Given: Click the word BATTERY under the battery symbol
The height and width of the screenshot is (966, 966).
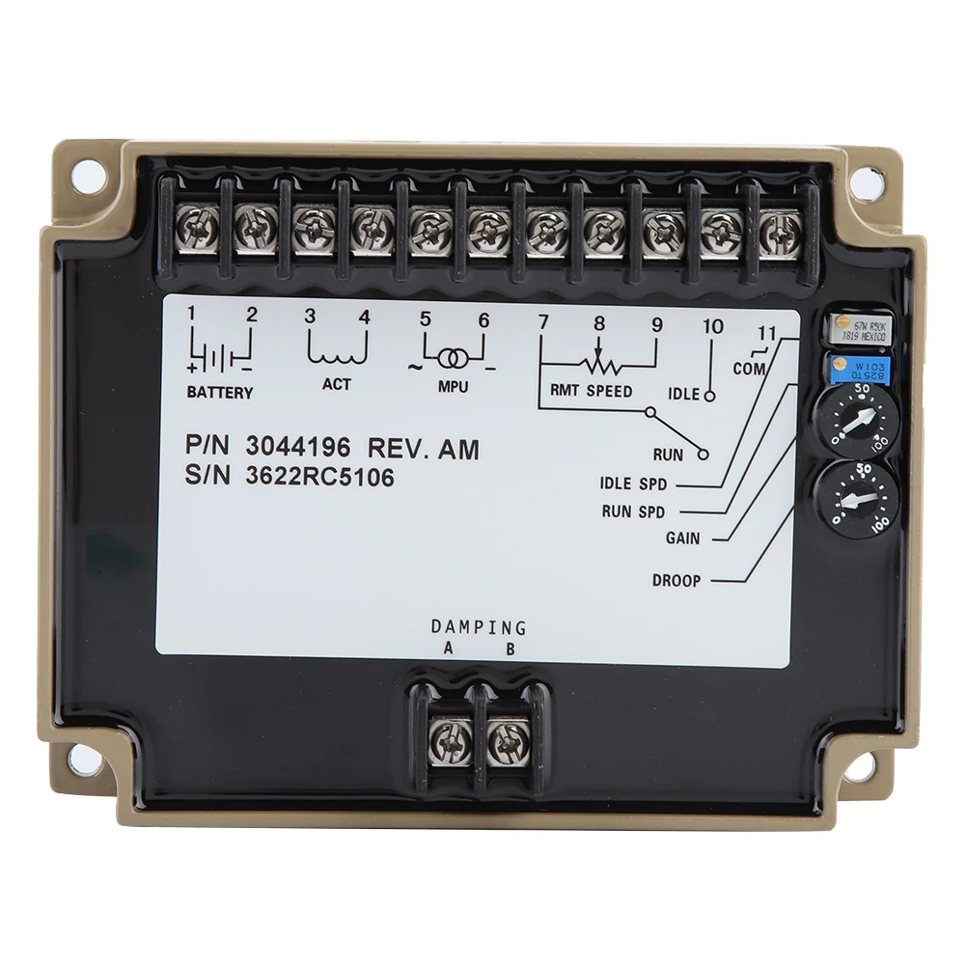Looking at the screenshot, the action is (220, 393).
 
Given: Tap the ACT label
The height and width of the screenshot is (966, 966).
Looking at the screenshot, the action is (337, 384).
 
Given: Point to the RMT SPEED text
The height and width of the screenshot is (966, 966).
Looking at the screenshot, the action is (592, 391).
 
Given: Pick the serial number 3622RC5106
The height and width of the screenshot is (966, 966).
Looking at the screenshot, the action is (319, 477).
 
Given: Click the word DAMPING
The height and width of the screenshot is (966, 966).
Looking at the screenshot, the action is (479, 628).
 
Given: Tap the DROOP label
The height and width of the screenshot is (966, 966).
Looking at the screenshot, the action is (676, 581).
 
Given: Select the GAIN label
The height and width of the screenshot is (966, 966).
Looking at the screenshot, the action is (682, 538).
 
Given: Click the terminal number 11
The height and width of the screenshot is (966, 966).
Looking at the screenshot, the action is (766, 335).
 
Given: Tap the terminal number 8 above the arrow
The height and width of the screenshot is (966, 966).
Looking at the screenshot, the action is (598, 324).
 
